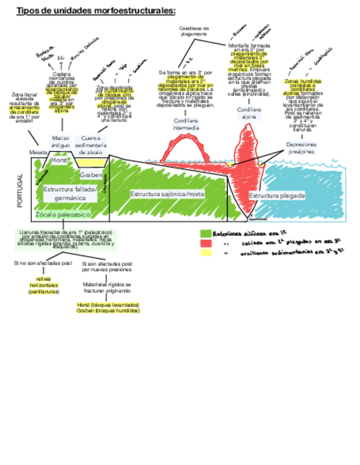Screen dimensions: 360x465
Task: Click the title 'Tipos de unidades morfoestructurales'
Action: coord(96,10)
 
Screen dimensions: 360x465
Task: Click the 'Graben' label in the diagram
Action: coord(91,175)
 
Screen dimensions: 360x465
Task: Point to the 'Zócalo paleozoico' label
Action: coord(62,214)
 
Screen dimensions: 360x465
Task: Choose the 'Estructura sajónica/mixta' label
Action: coord(160,194)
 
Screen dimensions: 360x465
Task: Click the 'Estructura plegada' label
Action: coord(277,195)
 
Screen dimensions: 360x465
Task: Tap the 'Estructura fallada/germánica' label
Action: coord(70,192)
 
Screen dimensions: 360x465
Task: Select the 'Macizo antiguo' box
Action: coord(60,141)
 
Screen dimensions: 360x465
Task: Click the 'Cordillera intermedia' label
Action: coord(186,124)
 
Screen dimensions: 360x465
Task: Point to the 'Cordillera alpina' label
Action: coord(249,113)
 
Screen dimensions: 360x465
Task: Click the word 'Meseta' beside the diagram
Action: coord(38,152)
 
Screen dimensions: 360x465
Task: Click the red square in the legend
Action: coord(206,243)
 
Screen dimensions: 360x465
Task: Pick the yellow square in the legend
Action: coord(206,252)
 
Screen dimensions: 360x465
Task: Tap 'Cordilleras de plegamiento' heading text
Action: coord(194,31)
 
